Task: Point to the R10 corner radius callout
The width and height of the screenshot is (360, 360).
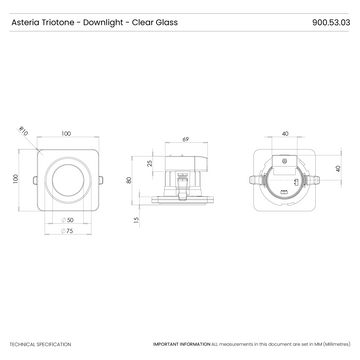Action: [24, 127]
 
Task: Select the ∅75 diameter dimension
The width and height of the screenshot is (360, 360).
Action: [70, 232]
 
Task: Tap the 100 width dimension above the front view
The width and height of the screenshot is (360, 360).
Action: [66, 132]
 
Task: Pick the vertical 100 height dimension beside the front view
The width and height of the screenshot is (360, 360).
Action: [16, 178]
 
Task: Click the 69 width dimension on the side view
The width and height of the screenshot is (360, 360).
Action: [187, 139]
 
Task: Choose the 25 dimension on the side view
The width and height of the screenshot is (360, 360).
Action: [150, 162]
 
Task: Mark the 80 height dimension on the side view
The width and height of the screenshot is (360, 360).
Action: [130, 181]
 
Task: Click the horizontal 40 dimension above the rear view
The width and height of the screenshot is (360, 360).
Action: [285, 132]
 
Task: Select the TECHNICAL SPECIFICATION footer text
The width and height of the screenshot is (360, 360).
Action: [40, 343]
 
